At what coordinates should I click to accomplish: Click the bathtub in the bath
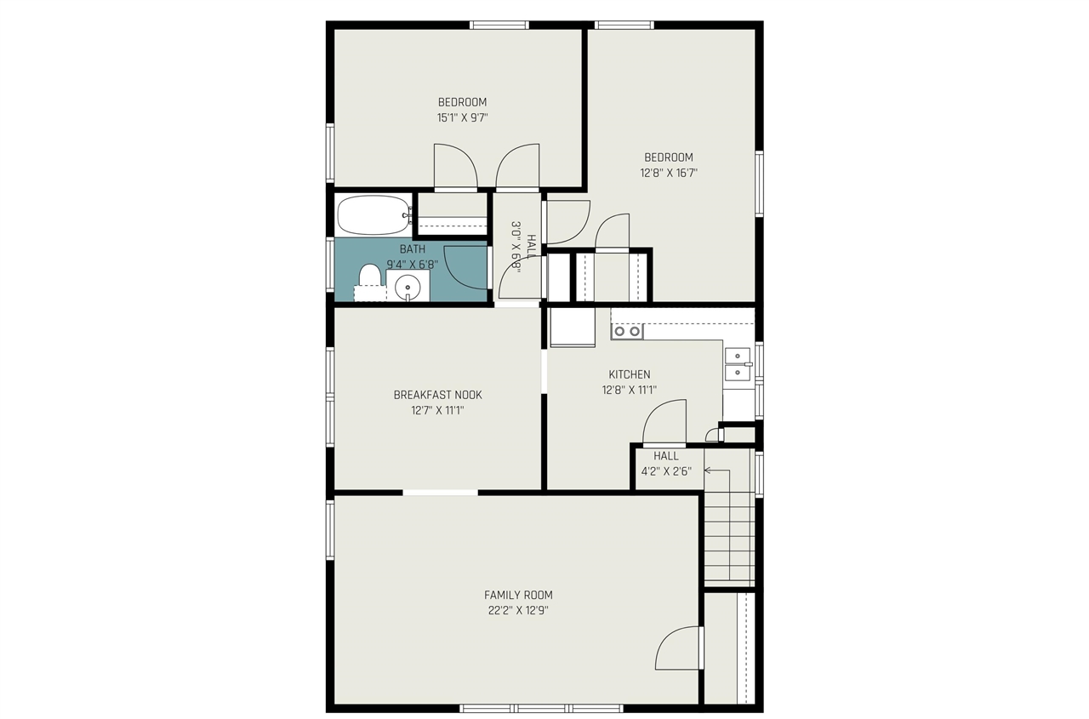373,215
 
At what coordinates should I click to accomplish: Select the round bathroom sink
408,286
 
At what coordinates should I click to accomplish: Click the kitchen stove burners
627,331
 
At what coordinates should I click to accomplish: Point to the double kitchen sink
737,363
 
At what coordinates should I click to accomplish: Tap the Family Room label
518,595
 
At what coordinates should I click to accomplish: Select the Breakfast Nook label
437,395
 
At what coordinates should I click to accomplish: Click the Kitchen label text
629,374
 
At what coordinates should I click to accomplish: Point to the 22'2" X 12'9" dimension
518,610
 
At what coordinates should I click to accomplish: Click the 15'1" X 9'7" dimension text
462,118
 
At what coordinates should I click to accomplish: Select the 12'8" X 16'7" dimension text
668,173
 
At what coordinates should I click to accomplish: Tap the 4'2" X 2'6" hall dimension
666,471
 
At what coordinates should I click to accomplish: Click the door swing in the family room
678,648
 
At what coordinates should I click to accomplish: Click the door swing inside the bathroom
465,267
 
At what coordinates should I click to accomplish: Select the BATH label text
412,249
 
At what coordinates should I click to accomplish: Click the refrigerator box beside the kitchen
572,327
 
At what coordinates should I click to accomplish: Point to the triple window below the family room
541,708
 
